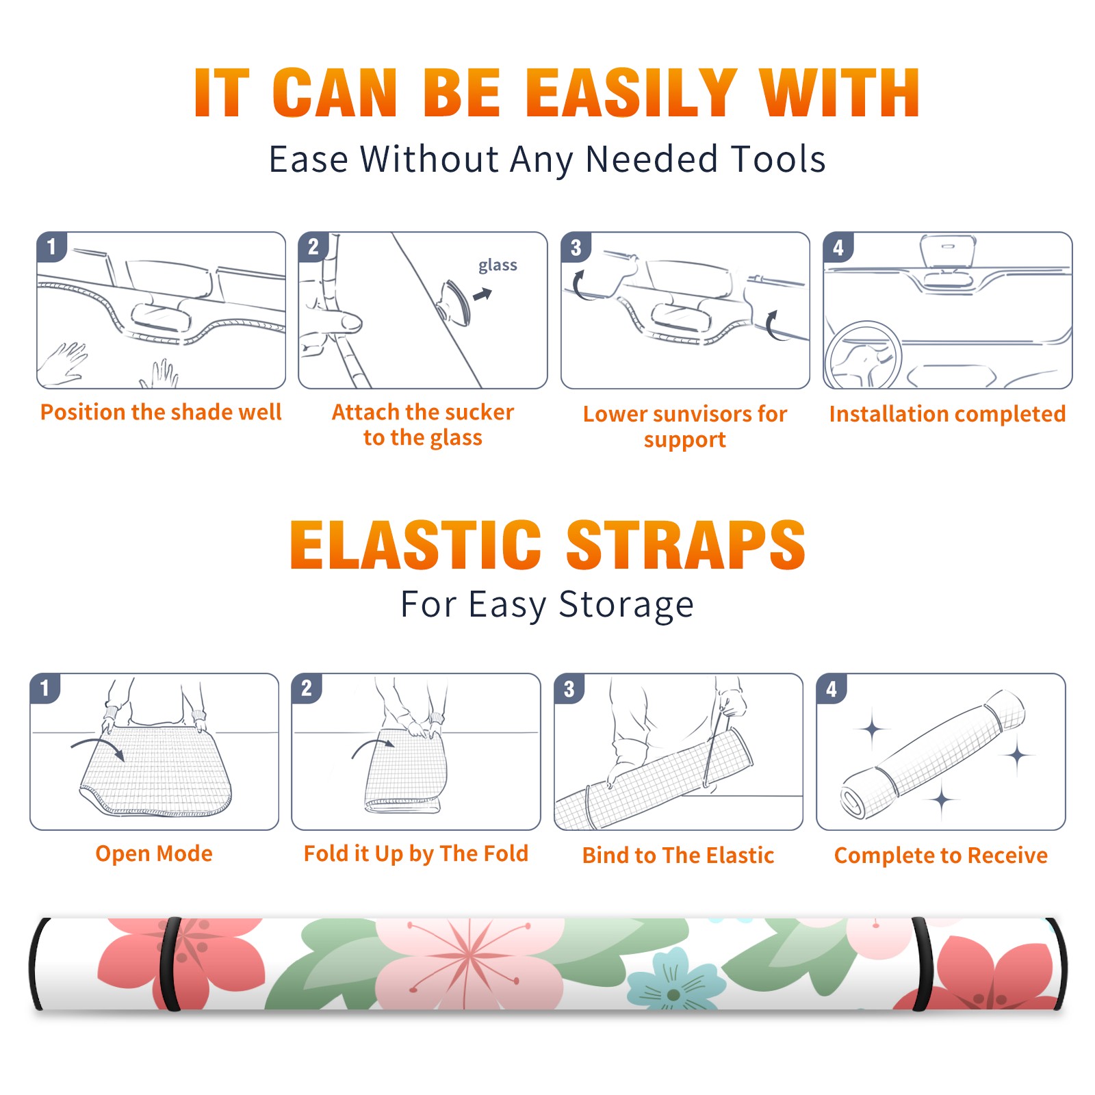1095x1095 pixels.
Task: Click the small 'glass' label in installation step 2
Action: click(x=498, y=265)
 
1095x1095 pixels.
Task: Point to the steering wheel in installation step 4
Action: click(x=863, y=356)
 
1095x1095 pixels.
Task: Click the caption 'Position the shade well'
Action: click(x=161, y=412)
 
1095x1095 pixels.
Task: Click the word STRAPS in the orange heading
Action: click(x=686, y=545)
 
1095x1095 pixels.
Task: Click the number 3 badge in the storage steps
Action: click(x=569, y=688)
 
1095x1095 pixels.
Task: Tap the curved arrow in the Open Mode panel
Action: click(x=98, y=748)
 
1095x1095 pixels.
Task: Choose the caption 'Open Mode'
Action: click(x=154, y=853)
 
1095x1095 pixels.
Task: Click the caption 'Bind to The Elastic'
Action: click(x=678, y=855)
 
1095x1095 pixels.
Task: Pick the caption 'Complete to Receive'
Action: click(x=941, y=855)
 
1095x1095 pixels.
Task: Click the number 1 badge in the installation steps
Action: click(x=51, y=246)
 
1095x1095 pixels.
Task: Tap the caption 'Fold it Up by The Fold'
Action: click(x=416, y=853)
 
